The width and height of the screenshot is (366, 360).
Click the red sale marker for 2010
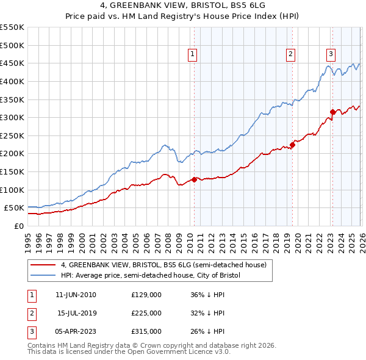[x=194, y=179]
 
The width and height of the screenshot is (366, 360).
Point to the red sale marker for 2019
[x=292, y=145]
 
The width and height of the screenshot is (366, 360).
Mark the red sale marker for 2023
[x=332, y=112]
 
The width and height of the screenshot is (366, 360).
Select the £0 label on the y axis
[x=20, y=226]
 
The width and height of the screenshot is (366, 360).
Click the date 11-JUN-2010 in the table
[x=76, y=295]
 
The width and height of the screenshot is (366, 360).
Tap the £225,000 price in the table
[x=146, y=313]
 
